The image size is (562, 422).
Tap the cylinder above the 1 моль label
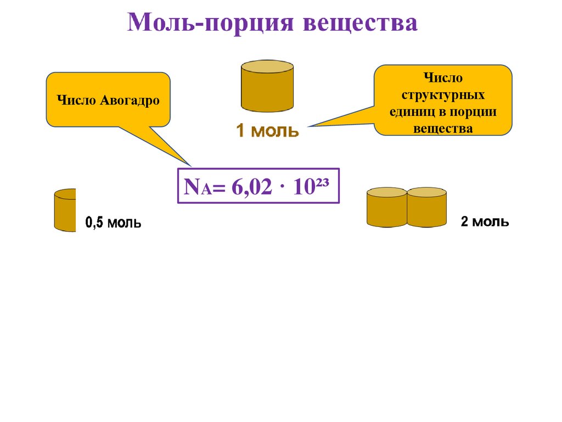(267, 88)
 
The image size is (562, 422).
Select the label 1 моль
(267, 131)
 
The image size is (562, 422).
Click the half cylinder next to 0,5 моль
(65, 210)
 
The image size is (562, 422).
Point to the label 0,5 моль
(113, 223)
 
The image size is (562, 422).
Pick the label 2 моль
(485, 222)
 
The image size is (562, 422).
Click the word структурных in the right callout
(443, 95)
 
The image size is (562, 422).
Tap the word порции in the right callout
(473, 112)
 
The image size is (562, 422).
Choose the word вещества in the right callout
(443, 129)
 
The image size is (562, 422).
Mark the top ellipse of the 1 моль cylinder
(267, 66)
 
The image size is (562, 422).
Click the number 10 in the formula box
(301, 187)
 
